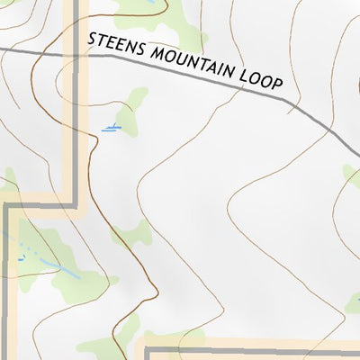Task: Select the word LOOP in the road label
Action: click(x=261, y=80)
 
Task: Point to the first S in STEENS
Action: click(x=92, y=40)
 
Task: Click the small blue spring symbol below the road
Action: click(x=111, y=130)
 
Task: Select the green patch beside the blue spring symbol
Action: click(x=133, y=106)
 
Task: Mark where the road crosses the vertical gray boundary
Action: click(x=75, y=55)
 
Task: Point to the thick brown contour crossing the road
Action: click(x=61, y=54)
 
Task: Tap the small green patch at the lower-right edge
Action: click(x=352, y=301)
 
